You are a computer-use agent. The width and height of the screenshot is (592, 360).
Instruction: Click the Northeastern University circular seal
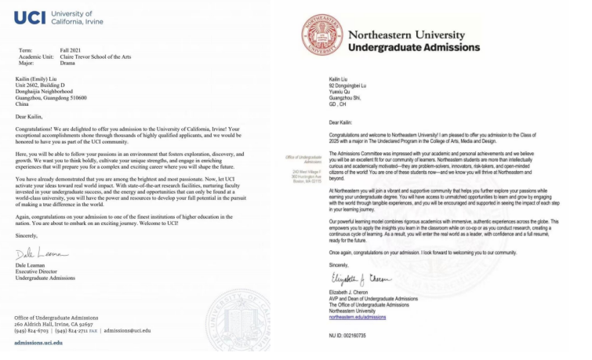[320, 37]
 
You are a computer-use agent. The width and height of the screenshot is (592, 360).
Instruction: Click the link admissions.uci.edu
[44, 344]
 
